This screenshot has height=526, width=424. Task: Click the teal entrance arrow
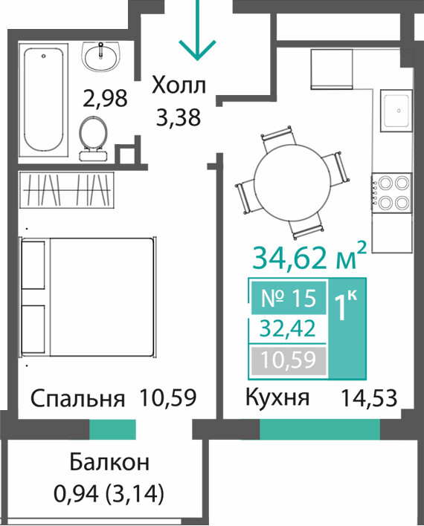[198, 30]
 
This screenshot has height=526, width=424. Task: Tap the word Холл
[179, 85]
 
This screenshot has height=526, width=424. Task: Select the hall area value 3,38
[179, 117]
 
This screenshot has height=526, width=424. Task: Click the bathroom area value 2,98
[105, 97]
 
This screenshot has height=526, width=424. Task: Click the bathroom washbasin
[100, 56]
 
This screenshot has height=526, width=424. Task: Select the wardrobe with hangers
[66, 189]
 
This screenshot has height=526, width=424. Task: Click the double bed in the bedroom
[89, 296]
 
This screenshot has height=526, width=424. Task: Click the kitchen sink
[396, 111]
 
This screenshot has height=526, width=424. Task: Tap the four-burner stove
[392, 193]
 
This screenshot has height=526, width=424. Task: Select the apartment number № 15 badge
[289, 298]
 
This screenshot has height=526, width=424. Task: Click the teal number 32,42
[289, 328]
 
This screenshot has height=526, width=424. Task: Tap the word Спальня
[77, 398]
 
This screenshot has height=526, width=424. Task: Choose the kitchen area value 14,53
[369, 398]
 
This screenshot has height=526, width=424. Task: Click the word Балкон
[109, 462]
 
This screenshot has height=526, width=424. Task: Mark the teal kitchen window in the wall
[320, 429]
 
